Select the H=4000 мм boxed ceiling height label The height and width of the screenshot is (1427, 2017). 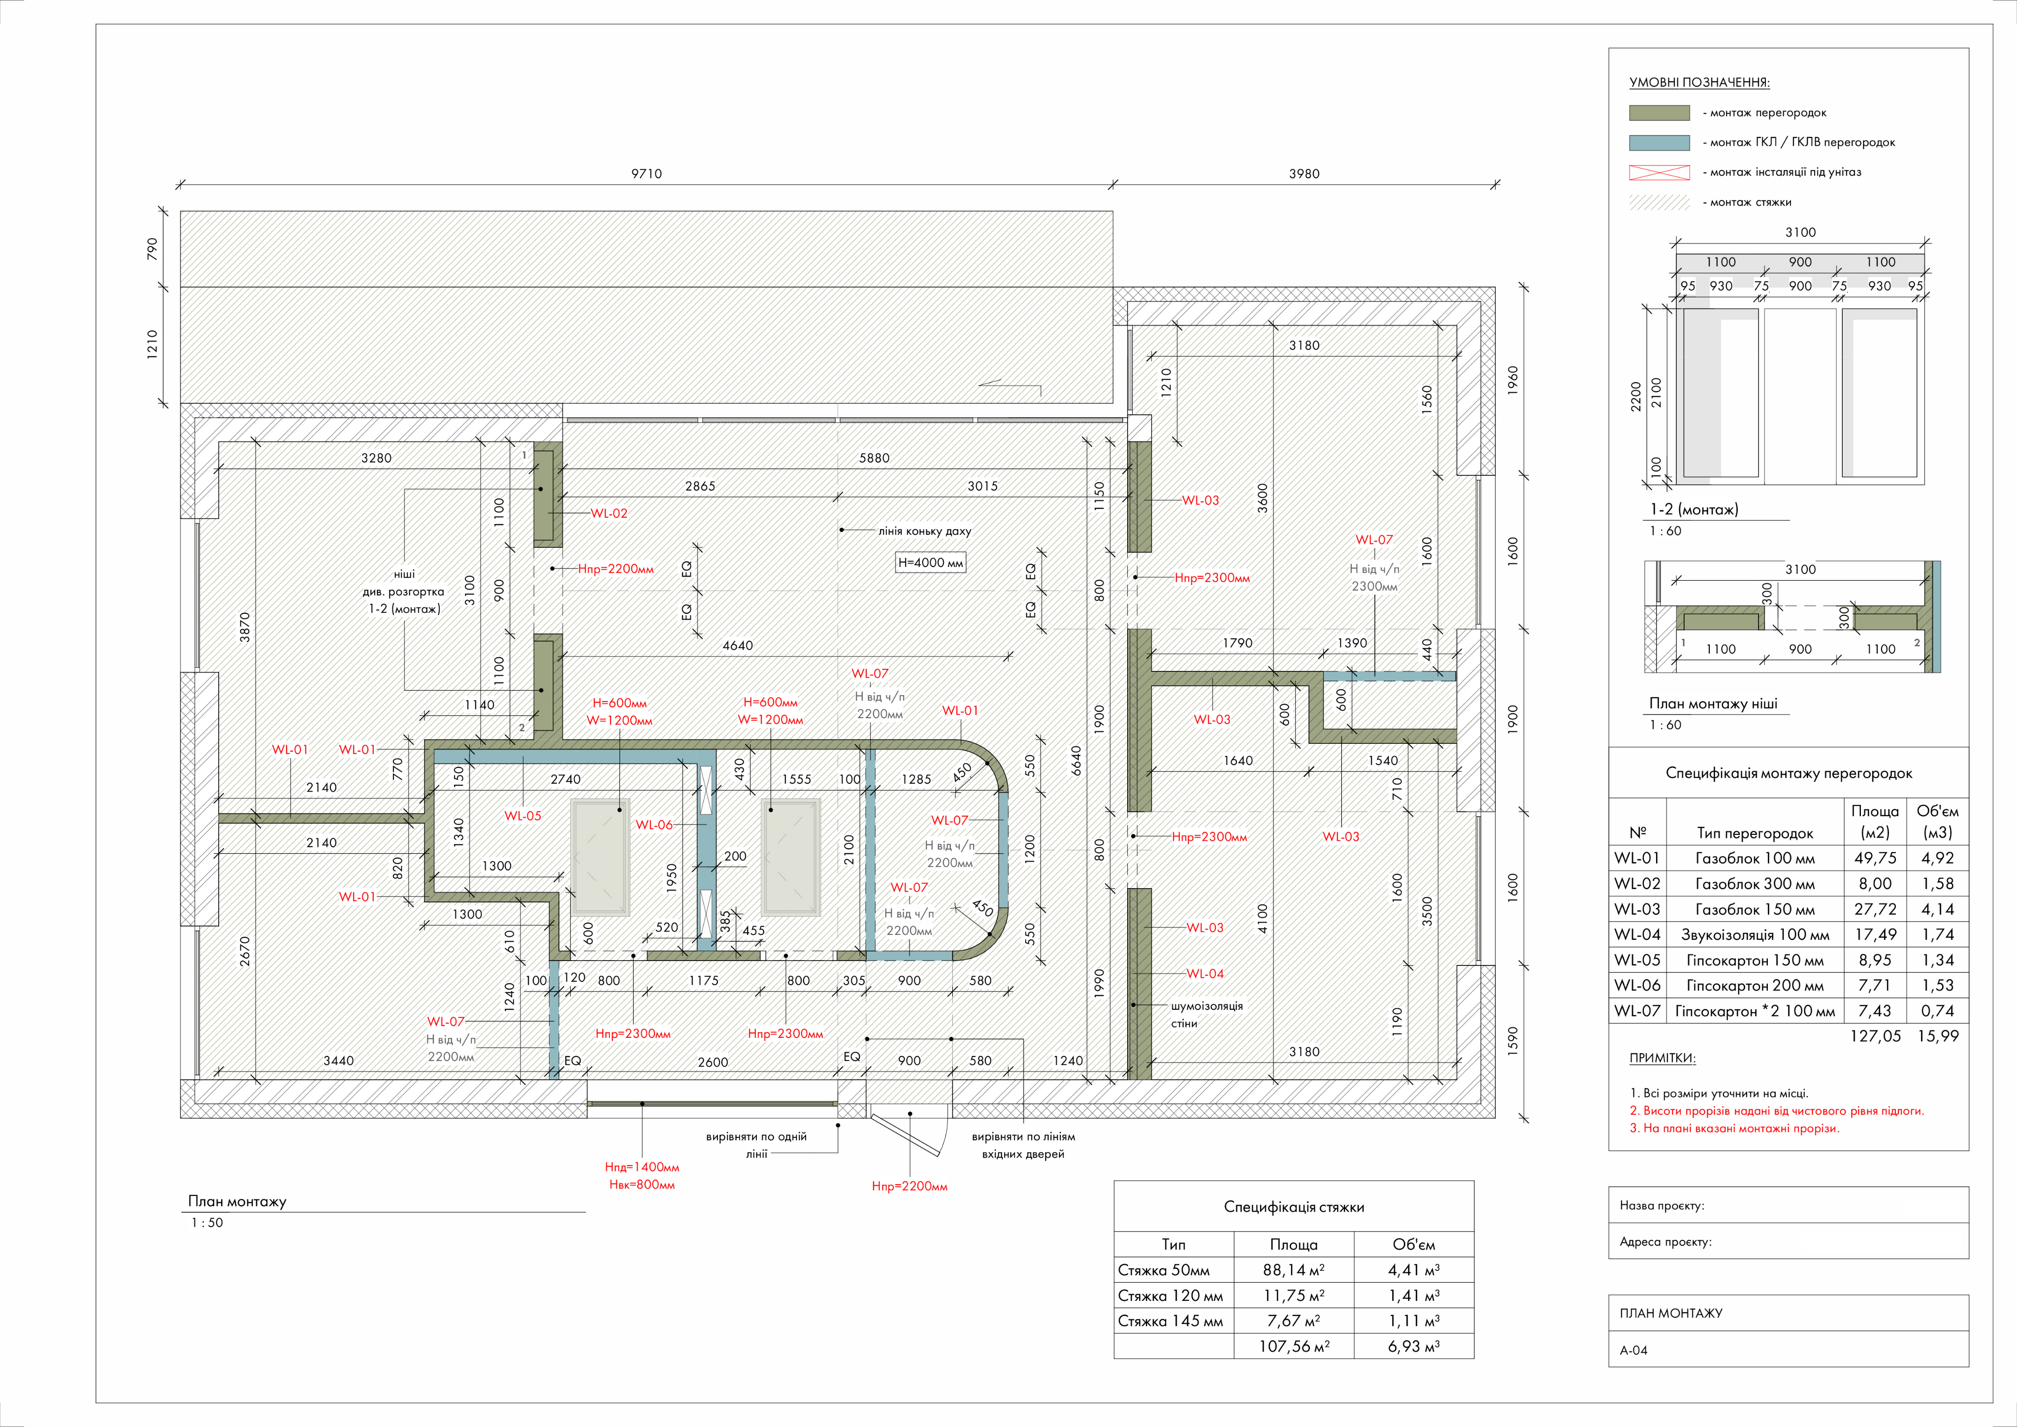(x=930, y=563)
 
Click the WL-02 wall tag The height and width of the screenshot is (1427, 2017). (x=609, y=513)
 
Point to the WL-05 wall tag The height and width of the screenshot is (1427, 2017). (x=522, y=815)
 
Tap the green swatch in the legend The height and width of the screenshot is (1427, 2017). (x=1659, y=112)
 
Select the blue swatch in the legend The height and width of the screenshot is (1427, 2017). (x=1659, y=142)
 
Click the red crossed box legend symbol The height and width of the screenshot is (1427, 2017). (x=1659, y=172)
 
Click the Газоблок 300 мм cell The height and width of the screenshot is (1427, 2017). (x=1755, y=884)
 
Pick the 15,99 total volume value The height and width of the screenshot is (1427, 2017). (x=1938, y=1036)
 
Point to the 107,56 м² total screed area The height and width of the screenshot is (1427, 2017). (x=1294, y=1346)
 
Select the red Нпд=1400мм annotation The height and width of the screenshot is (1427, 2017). (x=642, y=1167)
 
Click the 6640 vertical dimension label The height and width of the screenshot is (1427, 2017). (x=1076, y=761)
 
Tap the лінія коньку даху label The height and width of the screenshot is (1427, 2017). (x=925, y=531)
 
